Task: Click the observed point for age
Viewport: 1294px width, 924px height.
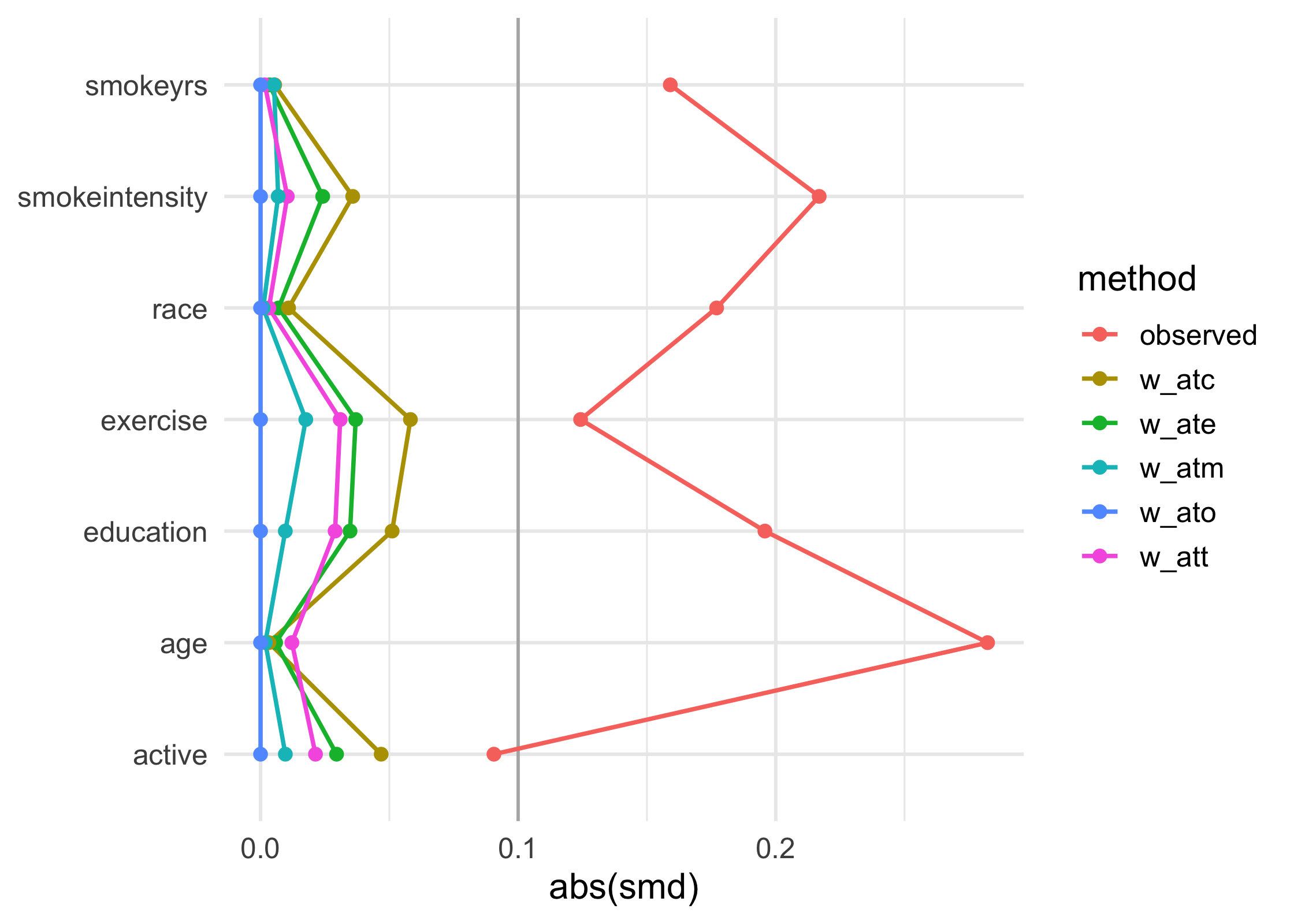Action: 987,642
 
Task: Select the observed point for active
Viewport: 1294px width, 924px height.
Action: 493,754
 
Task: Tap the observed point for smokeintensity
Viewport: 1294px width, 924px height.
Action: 819,196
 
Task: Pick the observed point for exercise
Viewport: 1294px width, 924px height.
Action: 581,419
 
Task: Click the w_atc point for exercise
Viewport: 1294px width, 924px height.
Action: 410,419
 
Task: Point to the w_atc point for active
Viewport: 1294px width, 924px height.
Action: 381,754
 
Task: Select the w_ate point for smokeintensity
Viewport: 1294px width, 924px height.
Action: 322,196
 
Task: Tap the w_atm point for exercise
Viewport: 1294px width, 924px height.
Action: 306,419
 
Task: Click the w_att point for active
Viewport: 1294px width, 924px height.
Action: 315,754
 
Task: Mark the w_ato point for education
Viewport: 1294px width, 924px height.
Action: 261,531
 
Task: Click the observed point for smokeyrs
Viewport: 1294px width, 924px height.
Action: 670,85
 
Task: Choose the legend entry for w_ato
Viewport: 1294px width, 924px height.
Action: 1177,513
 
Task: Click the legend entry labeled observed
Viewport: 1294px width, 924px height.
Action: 1198,336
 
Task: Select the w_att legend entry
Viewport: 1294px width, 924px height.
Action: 1173,557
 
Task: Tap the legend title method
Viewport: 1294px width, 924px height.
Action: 1136,280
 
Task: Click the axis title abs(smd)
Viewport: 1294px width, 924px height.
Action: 624,888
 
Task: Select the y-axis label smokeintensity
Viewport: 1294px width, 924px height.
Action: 113,198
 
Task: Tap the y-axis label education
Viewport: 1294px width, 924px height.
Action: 145,532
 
